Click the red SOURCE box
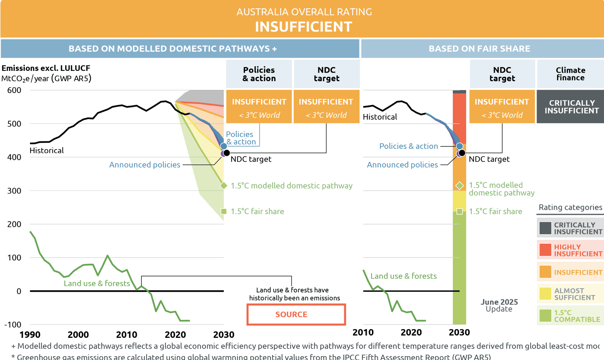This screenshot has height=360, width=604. (296, 314)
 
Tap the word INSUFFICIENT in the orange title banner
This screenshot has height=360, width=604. (303, 27)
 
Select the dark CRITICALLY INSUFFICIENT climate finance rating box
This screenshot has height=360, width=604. (570, 107)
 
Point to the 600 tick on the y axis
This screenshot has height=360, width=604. (14, 90)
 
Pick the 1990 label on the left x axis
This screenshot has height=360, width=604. (30, 335)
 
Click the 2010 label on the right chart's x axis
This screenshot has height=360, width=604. (363, 332)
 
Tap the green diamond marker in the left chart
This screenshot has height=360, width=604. (224, 186)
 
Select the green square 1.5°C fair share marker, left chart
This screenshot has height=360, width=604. (224, 211)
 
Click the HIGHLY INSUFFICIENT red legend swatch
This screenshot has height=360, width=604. (545, 250)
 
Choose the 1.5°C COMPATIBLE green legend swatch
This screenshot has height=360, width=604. (545, 316)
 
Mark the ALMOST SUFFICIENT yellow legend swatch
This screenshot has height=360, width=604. (545, 294)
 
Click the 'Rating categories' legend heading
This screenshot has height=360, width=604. (570, 207)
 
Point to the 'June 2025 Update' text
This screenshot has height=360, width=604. (499, 305)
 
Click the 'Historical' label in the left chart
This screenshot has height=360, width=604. (46, 150)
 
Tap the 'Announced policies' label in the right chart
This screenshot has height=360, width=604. (402, 165)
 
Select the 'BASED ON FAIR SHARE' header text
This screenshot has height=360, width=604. (479, 48)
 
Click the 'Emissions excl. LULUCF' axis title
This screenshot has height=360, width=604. (46, 68)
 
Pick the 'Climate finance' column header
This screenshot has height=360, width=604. (570, 74)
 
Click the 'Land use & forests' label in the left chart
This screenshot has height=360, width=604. (97, 283)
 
